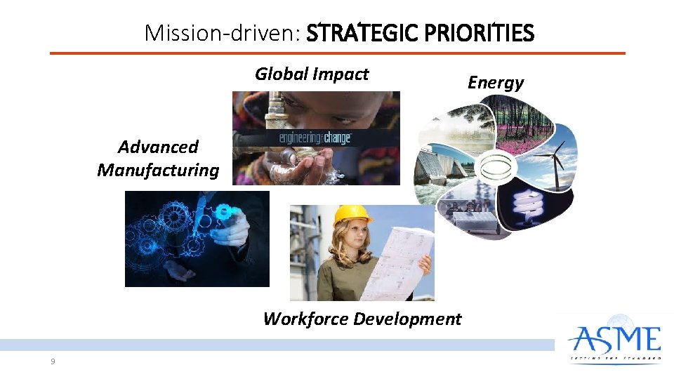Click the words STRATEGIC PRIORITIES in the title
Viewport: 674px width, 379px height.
coord(421,33)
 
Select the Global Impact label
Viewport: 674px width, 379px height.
coord(311,74)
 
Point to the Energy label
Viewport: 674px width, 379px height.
coord(496,83)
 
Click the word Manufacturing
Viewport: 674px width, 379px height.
coord(158,170)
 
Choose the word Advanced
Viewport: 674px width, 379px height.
coord(158,147)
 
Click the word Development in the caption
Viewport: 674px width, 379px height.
coord(408,319)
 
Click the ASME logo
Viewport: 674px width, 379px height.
coord(615,343)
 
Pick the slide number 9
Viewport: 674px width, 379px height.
coord(53,361)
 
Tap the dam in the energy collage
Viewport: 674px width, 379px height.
coord(439,168)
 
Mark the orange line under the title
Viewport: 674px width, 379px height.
coord(337,53)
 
